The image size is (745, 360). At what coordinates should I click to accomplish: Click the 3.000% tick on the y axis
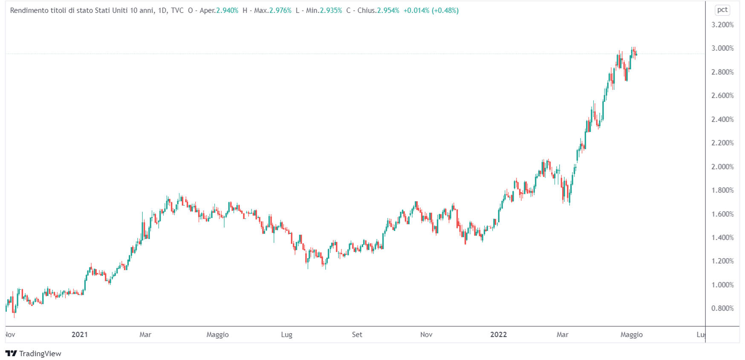click(722, 48)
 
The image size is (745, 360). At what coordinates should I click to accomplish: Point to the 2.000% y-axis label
click(722, 167)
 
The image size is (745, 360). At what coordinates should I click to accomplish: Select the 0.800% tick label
click(722, 308)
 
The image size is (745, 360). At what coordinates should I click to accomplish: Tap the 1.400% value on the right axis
click(722, 237)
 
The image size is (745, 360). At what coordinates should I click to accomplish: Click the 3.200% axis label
click(722, 25)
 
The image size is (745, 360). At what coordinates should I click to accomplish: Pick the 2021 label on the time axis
click(80, 334)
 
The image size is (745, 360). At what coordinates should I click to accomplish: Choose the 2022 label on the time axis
click(498, 334)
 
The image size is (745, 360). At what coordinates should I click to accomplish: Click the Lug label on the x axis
click(287, 334)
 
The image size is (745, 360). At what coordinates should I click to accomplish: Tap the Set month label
click(357, 334)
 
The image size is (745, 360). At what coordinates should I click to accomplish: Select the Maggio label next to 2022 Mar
click(631, 334)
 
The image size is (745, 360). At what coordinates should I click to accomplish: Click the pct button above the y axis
click(722, 10)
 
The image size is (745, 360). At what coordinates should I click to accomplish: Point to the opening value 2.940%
click(227, 11)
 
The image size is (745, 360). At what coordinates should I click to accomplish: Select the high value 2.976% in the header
click(280, 11)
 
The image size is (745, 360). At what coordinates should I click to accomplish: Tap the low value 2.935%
click(331, 11)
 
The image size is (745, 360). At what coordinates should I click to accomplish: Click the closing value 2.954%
click(388, 11)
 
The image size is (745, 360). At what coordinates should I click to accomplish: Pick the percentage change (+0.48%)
click(445, 11)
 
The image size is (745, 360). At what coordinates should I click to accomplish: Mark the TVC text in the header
click(177, 11)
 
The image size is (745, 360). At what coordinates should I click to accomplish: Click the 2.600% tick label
click(722, 95)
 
